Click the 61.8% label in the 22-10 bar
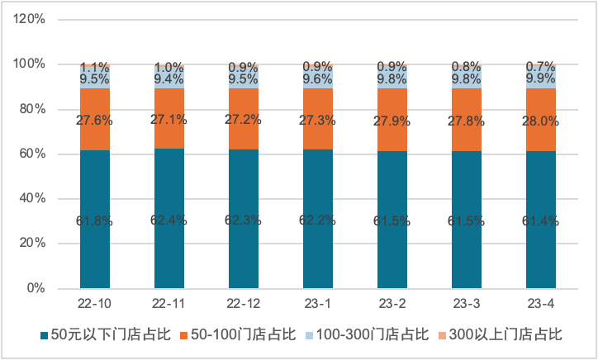point(95,221)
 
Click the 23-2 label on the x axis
point(392,303)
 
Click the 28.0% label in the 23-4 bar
point(541,121)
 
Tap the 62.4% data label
point(169,220)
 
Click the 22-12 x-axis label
point(244,303)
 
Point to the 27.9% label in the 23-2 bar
point(392,121)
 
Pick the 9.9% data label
point(541,78)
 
